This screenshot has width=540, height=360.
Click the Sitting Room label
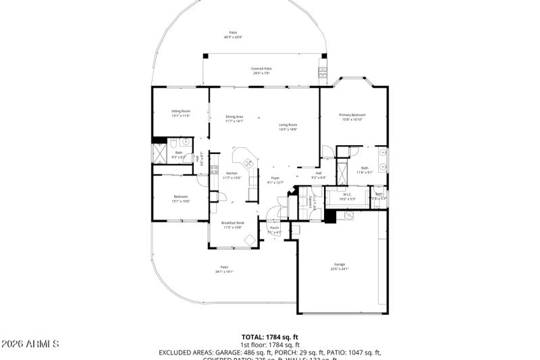pos(180,111)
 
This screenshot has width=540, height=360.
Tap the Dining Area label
pos(234,117)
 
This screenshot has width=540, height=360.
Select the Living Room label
pos(288,125)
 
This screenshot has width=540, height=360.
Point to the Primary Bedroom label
pos(352,115)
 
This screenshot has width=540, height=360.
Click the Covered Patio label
pos(261,69)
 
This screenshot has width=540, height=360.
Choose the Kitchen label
pos(232,174)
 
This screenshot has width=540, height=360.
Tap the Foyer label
pos(275,178)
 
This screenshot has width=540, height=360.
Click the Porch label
pos(275,228)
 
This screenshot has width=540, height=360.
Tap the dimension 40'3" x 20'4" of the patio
pos(233,37)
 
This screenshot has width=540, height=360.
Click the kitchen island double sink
pos(248,162)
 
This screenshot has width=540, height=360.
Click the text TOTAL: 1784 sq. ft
pos(269,336)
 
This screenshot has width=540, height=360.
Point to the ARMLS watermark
pos(30,344)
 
